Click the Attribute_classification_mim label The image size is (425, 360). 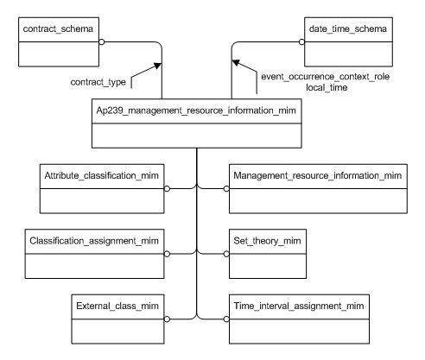[97, 176]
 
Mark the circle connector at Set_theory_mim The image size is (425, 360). [227, 253]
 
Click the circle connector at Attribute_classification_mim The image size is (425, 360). [168, 187]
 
